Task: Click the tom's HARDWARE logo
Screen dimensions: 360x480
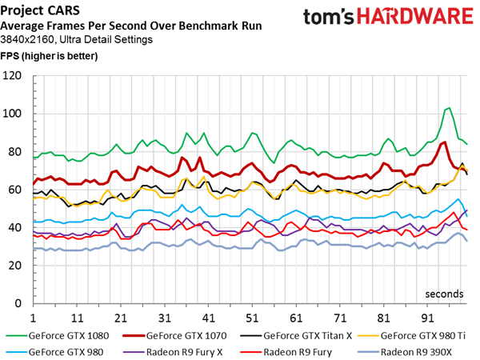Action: (386, 18)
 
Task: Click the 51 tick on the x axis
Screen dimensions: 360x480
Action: (251, 316)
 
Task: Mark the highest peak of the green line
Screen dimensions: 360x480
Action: (449, 108)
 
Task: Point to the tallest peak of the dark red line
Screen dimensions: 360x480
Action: (444, 142)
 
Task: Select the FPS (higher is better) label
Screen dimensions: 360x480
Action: (49, 56)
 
